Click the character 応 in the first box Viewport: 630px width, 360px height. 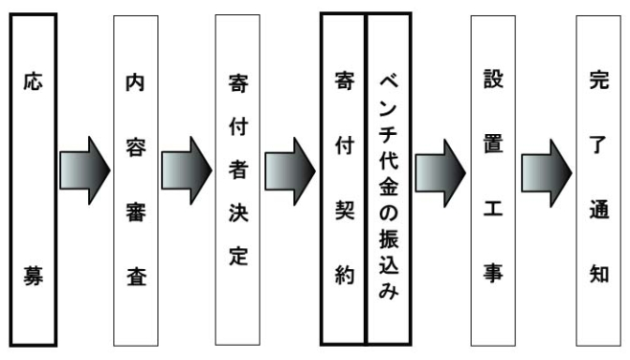click(x=33, y=84)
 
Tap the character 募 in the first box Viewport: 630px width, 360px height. click(x=33, y=281)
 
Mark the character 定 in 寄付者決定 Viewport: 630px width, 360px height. click(x=239, y=258)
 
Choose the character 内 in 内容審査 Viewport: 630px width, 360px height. click(x=135, y=84)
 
